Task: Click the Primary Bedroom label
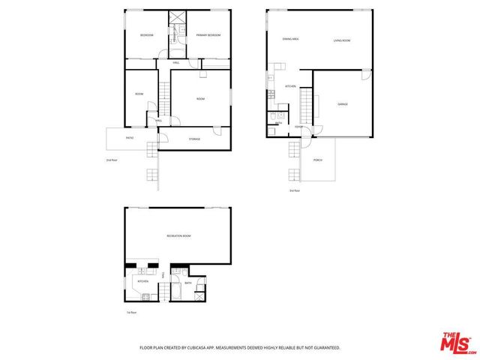pyautogui.click(x=208, y=35)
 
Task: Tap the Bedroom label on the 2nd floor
pyautogui.click(x=146, y=35)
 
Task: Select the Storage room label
pyautogui.click(x=193, y=139)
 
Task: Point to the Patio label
pyautogui.click(x=130, y=138)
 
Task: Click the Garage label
pyautogui.click(x=342, y=103)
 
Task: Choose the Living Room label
pyautogui.click(x=342, y=40)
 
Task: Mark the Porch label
pyautogui.click(x=317, y=160)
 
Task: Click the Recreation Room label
pyautogui.click(x=178, y=236)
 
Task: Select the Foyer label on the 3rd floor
pyautogui.click(x=298, y=127)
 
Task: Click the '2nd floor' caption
pyautogui.click(x=112, y=160)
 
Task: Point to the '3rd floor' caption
pyautogui.click(x=294, y=191)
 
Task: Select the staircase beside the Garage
pyautogui.click(x=306, y=104)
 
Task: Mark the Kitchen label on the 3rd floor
pyautogui.click(x=290, y=86)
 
